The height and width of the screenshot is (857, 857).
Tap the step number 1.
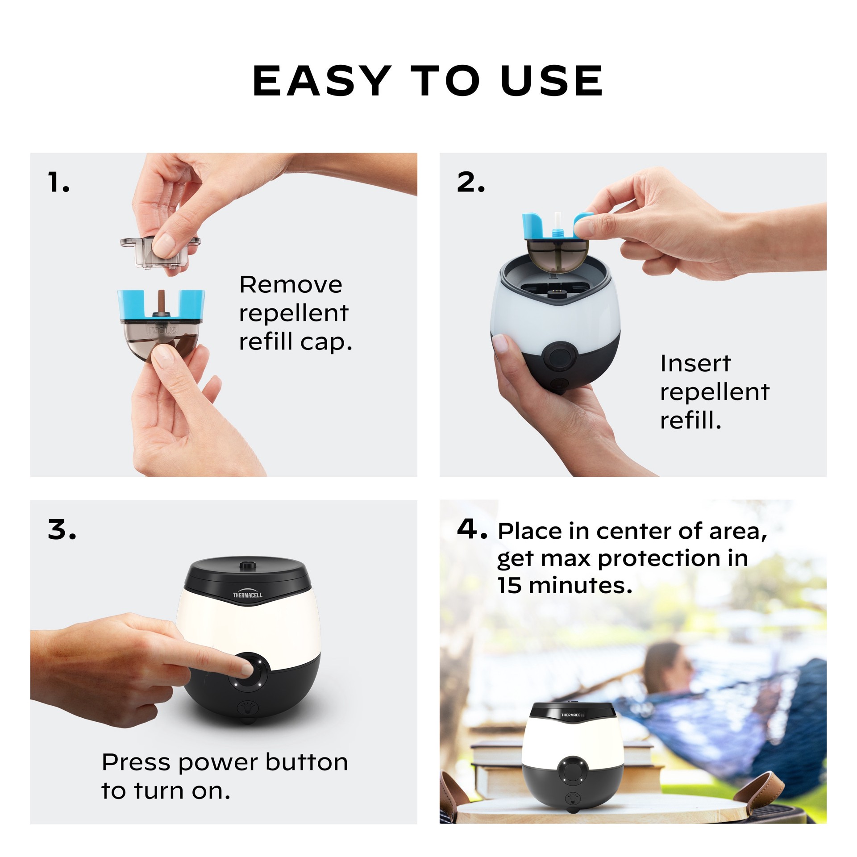[58, 183]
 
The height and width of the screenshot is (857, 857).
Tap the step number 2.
[470, 183]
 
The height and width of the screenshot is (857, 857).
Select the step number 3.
[61, 530]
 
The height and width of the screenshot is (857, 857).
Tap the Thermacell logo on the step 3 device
[248, 595]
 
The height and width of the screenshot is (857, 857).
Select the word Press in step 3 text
[137, 763]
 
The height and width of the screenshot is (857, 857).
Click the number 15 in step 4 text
[509, 585]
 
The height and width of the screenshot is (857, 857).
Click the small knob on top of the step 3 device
[245, 565]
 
